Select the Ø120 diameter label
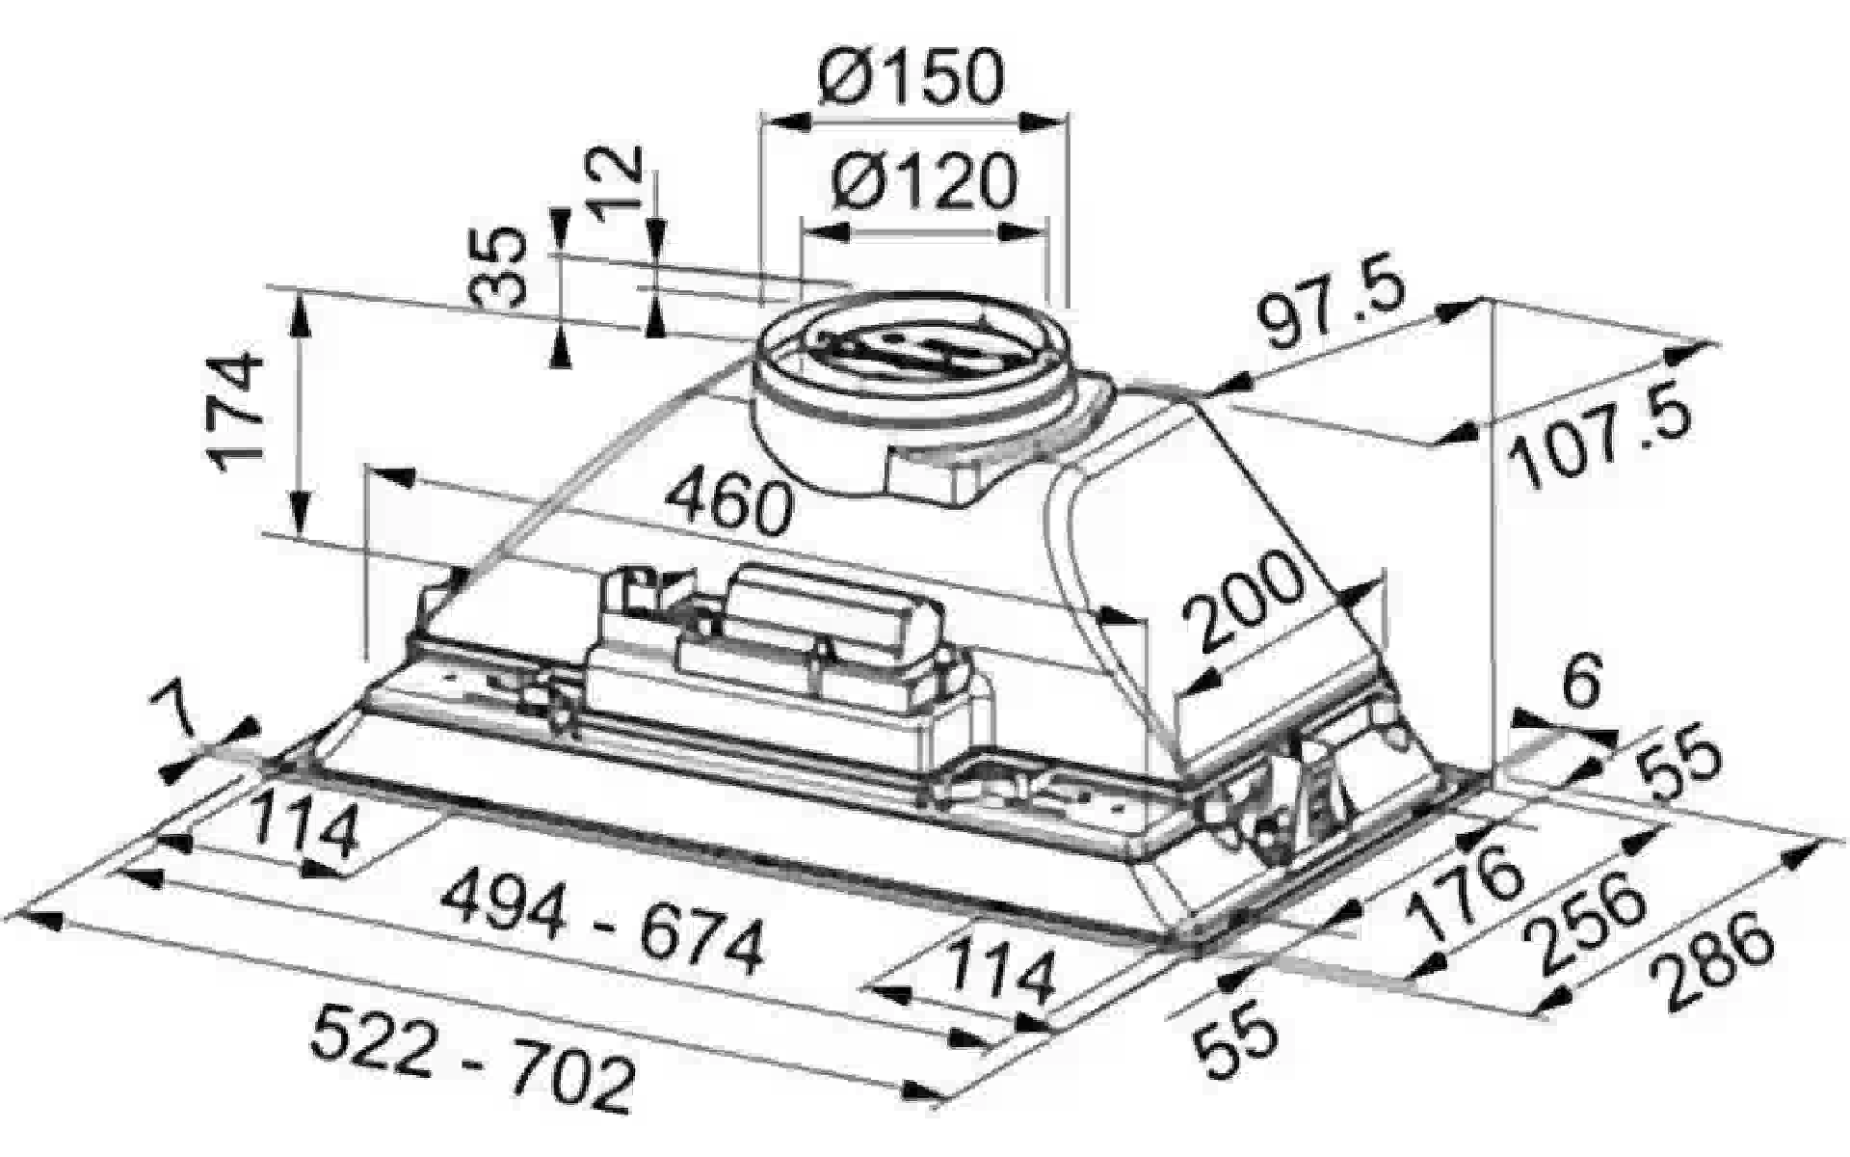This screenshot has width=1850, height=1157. [922, 181]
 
